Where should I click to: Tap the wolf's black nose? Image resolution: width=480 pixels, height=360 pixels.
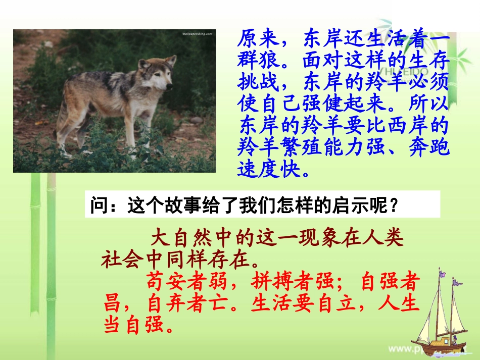coord(170,86)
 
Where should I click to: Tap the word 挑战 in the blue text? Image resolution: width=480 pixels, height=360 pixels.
coord(260,83)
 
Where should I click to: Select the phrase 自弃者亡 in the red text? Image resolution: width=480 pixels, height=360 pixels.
coord(190,304)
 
